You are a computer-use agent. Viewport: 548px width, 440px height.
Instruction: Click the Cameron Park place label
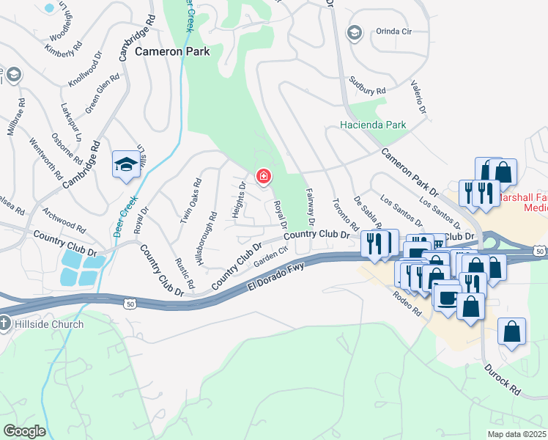(x=172, y=51)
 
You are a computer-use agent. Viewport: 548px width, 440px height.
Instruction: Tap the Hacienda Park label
(x=373, y=125)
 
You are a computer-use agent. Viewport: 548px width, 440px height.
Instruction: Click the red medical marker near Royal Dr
(x=262, y=177)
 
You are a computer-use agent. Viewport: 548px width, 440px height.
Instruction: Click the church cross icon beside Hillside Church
(x=4, y=323)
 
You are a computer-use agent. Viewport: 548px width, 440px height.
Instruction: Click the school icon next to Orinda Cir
(x=355, y=33)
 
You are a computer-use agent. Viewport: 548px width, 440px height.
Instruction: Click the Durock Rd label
(x=503, y=380)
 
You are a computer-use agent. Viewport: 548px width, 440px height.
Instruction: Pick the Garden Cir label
(x=268, y=259)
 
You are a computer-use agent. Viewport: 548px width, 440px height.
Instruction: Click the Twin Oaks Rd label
(x=190, y=201)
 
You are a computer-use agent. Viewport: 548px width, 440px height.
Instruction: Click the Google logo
(x=24, y=431)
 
